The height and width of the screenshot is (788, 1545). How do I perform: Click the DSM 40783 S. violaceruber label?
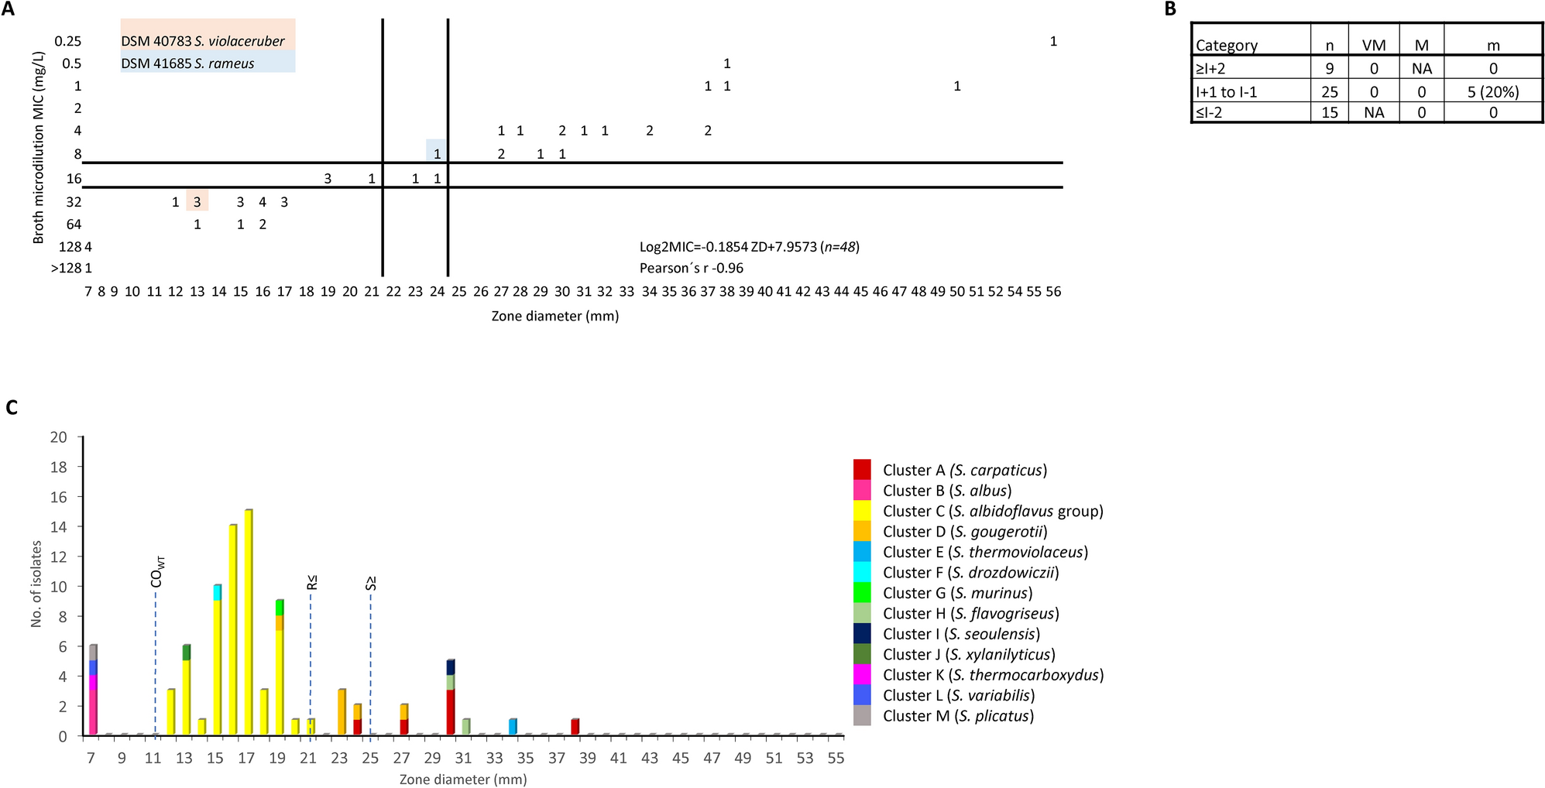203,41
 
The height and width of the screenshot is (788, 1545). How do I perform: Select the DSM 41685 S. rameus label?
188,63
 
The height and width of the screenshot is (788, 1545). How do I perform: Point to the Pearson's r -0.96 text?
691,269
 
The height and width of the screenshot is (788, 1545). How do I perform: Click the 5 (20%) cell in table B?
1492,92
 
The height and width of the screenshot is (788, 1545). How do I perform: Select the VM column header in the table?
1374,46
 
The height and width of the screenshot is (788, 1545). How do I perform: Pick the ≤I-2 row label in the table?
1210,113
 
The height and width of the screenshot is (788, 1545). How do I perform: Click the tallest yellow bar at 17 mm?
249,622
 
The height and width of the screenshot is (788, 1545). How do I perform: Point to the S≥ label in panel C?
371,583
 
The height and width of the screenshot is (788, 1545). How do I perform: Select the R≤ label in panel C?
311,582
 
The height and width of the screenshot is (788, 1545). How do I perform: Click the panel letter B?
1170,9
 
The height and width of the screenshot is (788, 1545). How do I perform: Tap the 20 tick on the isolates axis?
59,437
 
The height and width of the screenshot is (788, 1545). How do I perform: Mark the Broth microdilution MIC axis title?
38,147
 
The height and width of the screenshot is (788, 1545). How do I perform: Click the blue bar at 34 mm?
513,727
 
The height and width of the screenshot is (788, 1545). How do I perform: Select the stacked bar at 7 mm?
93,690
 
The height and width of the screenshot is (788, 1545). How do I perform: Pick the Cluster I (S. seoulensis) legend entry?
961,634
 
